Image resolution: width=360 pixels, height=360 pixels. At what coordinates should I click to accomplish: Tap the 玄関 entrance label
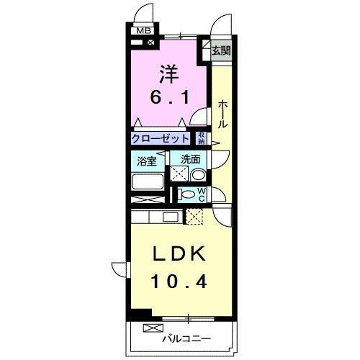220,50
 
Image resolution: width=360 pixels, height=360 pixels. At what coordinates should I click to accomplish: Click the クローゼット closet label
161,138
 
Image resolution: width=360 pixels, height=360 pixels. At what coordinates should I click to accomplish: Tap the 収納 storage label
202,138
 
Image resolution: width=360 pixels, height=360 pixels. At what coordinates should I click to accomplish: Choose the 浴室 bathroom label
148,160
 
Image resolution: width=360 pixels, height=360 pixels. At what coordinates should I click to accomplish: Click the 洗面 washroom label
190,160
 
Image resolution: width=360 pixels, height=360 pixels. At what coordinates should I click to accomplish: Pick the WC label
202,194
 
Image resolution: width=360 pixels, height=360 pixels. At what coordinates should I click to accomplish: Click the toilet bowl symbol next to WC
186,194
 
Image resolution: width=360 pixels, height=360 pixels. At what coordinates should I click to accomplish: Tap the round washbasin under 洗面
198,174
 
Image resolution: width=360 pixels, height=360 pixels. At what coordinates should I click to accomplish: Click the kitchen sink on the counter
171,217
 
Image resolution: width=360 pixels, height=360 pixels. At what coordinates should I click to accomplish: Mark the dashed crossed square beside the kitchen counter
195,216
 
